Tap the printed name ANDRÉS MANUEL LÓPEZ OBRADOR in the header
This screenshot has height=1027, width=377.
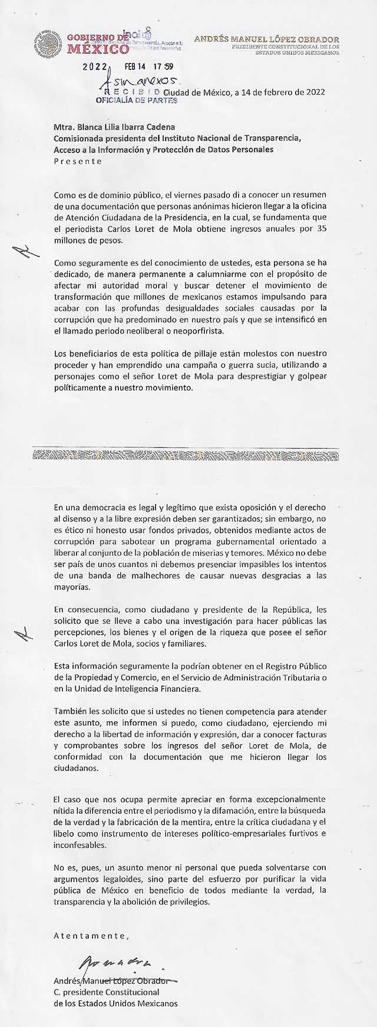(x=266, y=39)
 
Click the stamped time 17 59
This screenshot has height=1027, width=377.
(x=160, y=67)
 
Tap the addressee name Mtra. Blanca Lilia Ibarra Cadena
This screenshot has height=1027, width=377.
(x=114, y=127)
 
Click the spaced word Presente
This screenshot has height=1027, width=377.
(x=78, y=161)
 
